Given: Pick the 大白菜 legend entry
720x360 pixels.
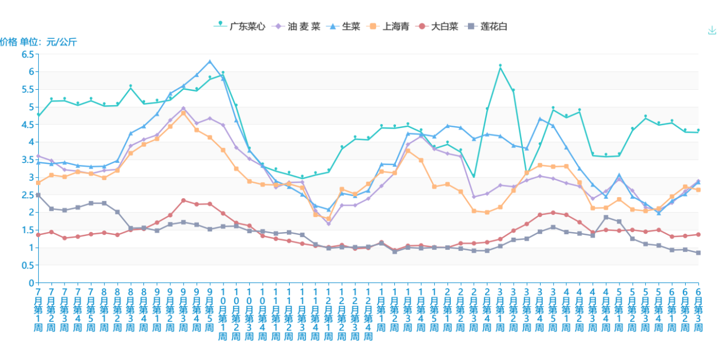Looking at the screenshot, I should click(x=438, y=26).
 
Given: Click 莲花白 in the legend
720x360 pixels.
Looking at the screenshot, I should click(x=487, y=26).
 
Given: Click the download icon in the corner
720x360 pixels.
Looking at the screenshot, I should click(x=711, y=30).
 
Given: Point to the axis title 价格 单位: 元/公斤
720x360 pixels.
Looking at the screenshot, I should click(x=38, y=42).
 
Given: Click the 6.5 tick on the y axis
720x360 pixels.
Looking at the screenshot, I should click(x=27, y=54).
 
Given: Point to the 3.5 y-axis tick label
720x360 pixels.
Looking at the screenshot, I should click(x=27, y=159).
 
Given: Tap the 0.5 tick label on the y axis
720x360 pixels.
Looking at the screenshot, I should click(x=27, y=265).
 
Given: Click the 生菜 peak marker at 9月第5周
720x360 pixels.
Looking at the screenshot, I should click(x=210, y=62).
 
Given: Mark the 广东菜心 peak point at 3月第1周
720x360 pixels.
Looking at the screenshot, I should click(x=500, y=66).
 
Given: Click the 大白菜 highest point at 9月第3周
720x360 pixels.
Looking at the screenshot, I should click(x=183, y=200).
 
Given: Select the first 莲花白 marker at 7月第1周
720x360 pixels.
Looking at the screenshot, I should click(x=38, y=195).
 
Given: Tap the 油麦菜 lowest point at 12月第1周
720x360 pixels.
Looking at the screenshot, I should click(x=329, y=223).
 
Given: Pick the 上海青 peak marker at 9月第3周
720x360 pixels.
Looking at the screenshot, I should click(x=183, y=113).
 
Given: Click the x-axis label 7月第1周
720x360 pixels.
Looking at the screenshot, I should click(x=38, y=309).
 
